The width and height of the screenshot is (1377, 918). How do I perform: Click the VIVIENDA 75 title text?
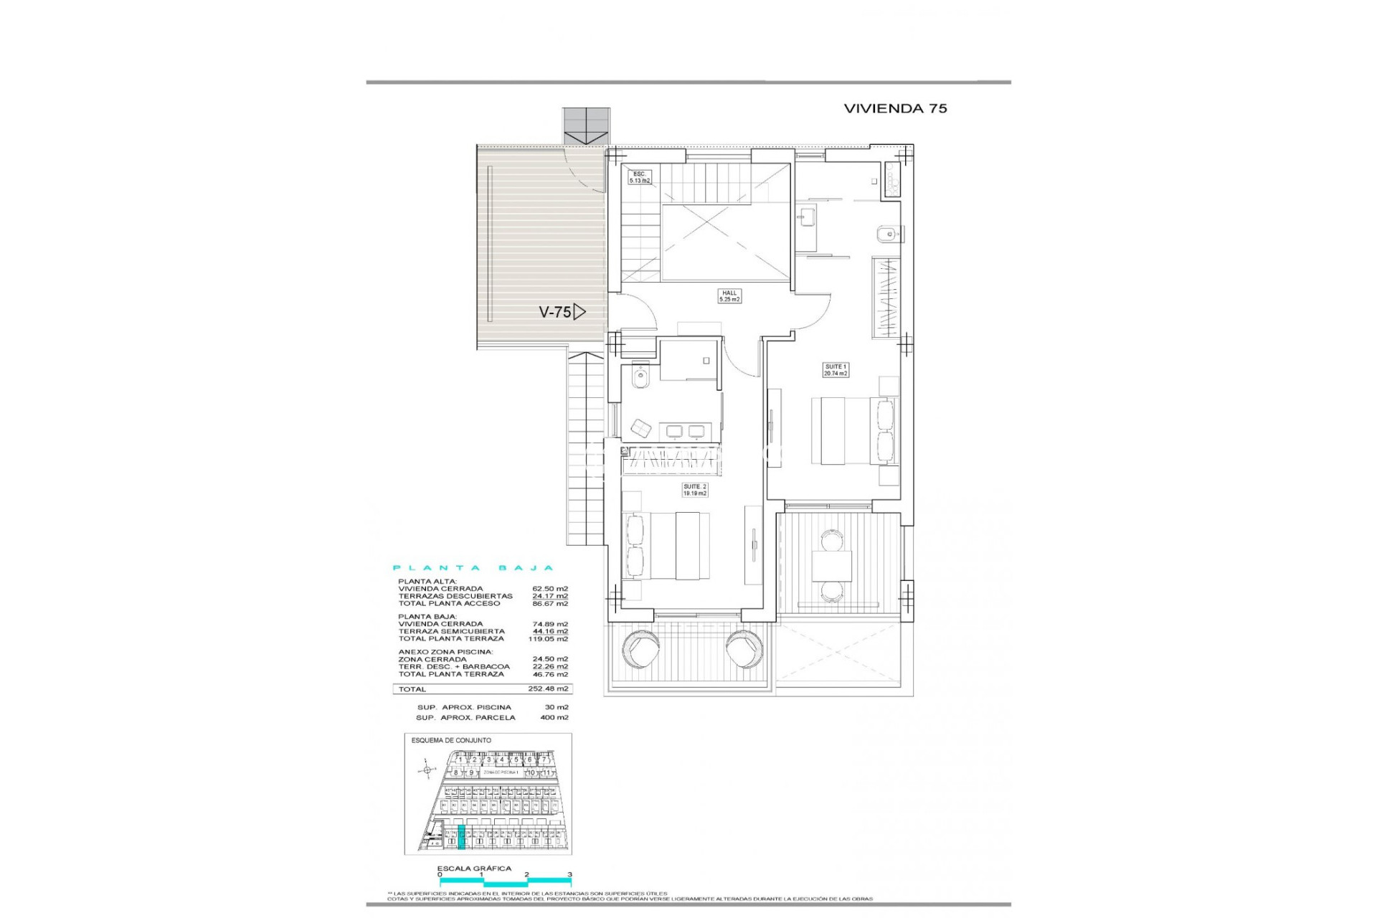tap(895, 108)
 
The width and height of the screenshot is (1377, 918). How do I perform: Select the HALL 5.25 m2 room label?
tap(729, 296)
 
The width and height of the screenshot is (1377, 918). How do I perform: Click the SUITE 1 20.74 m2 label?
tap(836, 370)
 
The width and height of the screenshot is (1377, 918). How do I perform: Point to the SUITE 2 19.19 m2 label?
tap(694, 490)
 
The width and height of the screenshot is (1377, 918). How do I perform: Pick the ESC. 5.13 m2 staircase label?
tap(639, 177)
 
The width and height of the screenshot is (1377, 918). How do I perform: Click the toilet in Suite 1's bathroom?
tap(886, 234)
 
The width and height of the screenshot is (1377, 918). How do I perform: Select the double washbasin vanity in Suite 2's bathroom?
tap(684, 430)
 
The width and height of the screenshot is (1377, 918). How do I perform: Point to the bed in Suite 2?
tap(667, 546)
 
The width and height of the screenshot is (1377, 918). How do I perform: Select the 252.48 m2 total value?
tap(548, 689)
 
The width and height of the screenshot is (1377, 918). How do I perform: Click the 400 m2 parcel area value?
tap(554, 717)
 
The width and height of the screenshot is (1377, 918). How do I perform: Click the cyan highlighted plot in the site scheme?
tap(461, 837)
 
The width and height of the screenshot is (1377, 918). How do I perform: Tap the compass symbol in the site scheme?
tap(427, 771)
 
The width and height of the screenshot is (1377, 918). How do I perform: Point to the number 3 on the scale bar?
tap(569, 874)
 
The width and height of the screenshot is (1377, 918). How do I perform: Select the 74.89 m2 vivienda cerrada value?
tap(550, 624)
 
